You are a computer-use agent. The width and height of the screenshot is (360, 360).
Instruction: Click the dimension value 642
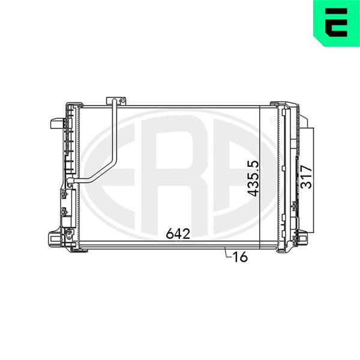(x=178, y=234)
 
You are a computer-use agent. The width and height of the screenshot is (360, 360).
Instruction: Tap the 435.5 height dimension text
(x=253, y=178)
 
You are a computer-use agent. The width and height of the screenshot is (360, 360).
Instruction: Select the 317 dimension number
(x=307, y=177)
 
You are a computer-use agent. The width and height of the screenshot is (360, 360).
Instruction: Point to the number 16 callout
(x=240, y=257)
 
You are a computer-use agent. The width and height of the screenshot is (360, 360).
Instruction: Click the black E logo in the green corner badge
(x=336, y=23)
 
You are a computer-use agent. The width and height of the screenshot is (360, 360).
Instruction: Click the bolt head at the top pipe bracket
(x=123, y=100)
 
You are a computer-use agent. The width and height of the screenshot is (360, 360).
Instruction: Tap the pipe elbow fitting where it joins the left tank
(x=70, y=181)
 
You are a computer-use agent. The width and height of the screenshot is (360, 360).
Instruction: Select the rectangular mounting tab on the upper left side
(x=58, y=124)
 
